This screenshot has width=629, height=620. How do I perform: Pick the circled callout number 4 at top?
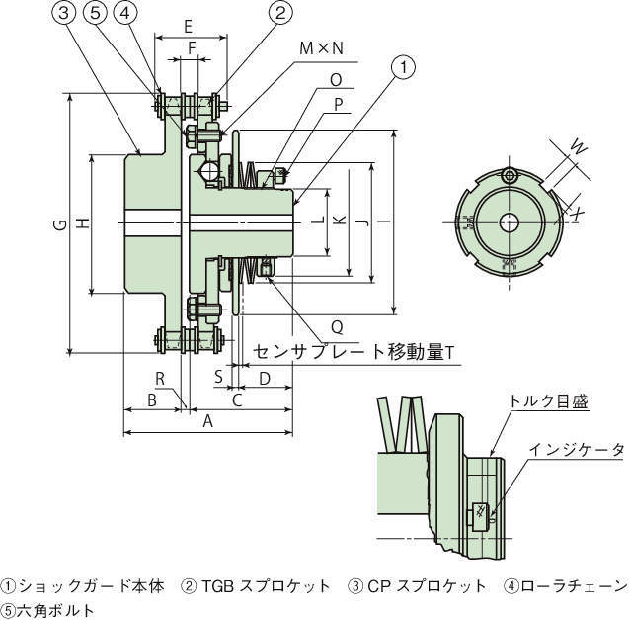124,13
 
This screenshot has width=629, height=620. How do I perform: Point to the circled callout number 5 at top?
95,13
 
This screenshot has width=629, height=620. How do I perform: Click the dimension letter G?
59,226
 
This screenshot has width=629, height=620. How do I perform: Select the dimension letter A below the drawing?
207,422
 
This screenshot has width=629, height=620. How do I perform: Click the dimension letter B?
151,400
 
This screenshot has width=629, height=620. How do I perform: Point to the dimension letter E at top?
189,27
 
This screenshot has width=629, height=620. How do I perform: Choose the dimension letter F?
193,46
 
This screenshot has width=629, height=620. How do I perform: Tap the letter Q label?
337,324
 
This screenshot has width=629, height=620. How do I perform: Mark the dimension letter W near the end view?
580,149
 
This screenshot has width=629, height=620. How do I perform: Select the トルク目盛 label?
548,401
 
